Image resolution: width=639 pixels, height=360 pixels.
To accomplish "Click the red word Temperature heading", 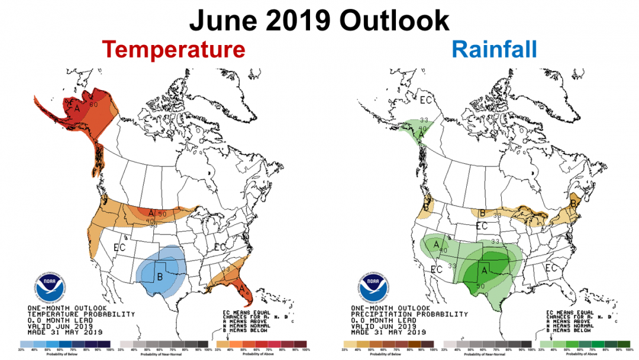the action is [173, 49].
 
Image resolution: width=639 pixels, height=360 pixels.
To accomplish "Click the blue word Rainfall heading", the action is [495, 49].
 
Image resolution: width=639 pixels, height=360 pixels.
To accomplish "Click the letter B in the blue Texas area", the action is [159, 275].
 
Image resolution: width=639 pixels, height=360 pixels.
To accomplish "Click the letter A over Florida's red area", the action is [241, 288].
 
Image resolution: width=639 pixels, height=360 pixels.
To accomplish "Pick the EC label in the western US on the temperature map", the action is [119, 247].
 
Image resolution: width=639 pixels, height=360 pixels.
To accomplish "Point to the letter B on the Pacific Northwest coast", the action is [425, 207].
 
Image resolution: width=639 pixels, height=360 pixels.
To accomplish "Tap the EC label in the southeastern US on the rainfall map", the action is [551, 268].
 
